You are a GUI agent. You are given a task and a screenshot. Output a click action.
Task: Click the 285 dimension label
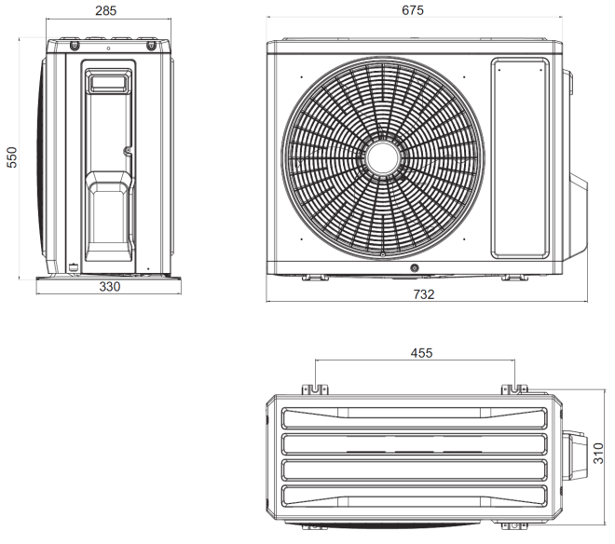click(x=106, y=10)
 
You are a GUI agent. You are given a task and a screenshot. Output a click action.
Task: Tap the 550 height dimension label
click(x=12, y=157)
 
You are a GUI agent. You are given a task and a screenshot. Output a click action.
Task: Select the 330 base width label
click(x=109, y=287)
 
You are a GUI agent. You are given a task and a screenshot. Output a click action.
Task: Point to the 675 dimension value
click(x=413, y=10)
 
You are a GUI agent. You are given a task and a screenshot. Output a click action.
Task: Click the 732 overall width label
click(x=424, y=294)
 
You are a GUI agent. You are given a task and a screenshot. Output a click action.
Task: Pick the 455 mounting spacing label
click(x=421, y=353)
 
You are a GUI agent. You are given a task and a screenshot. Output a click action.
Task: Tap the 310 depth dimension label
click(x=598, y=454)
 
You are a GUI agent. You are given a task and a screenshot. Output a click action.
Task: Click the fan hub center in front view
click(x=383, y=158)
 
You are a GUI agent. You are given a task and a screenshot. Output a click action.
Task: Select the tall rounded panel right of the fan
click(x=520, y=158)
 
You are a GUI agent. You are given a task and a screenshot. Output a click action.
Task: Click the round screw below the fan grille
click(x=414, y=268)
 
